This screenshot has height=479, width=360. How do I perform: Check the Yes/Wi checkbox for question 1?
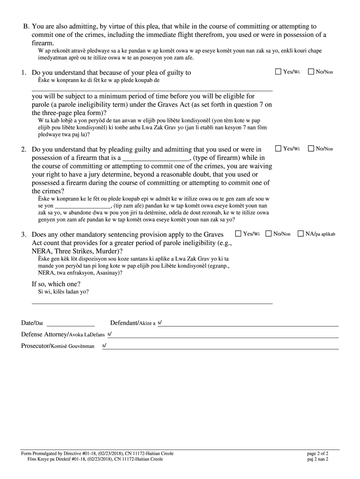[x=278, y=72]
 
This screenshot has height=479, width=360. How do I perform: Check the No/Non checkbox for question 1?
[x=311, y=72]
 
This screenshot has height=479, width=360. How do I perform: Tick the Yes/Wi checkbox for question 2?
[x=278, y=148]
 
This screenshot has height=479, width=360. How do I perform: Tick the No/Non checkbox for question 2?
[x=311, y=148]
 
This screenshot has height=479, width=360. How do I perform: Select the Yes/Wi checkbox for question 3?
[x=238, y=233]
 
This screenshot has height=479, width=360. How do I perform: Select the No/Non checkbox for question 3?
[x=268, y=233]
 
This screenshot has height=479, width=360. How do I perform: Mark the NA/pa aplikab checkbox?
[x=301, y=233]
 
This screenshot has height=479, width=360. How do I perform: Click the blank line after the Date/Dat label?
[x=71, y=323]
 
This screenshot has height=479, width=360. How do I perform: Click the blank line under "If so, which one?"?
[x=152, y=301]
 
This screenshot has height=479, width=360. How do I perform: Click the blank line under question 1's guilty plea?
[x=152, y=88]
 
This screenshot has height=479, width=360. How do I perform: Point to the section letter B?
[x=26, y=26]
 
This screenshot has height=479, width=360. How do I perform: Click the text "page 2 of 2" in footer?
[x=317, y=453]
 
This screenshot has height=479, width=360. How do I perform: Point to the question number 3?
[x=23, y=234]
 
